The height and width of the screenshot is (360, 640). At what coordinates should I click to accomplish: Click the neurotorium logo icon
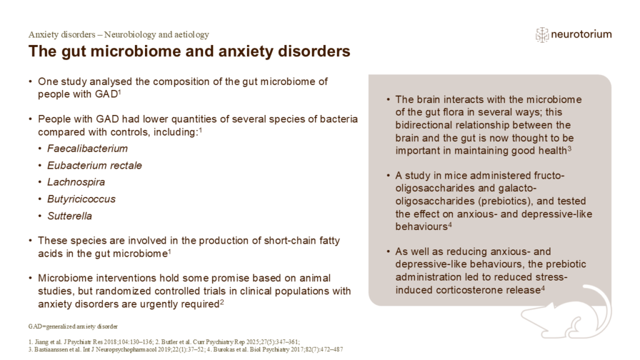(542, 34)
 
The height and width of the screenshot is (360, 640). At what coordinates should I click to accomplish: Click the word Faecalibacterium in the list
(87, 149)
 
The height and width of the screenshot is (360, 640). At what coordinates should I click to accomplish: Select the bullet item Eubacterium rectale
(94, 166)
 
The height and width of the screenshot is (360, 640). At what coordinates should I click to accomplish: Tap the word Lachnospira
(76, 182)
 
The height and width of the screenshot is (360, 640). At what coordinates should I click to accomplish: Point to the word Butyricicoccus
(81, 199)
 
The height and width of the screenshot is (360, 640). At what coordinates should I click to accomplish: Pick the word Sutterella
(69, 216)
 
